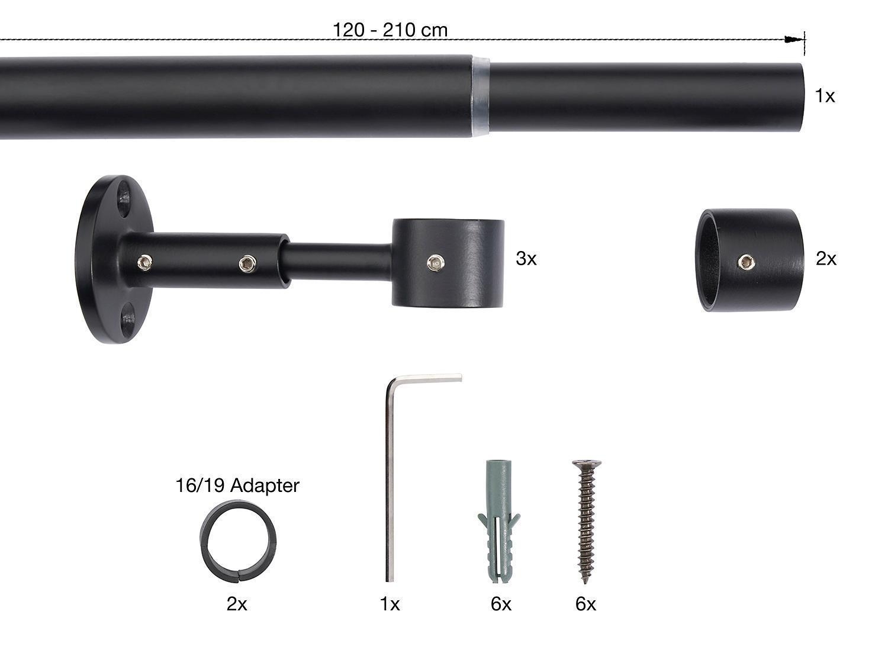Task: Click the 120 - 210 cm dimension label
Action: [390, 30]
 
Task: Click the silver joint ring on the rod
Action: [481, 96]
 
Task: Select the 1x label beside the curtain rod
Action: [825, 96]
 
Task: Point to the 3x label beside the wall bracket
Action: [526, 259]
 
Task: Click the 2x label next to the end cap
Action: [826, 259]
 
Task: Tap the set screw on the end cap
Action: [745, 262]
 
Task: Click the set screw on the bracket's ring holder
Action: [436, 263]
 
